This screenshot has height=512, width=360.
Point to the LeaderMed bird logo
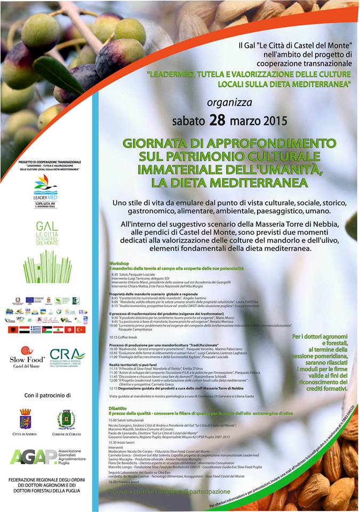tap(45, 183)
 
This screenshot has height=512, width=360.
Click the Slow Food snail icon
tap(27, 350)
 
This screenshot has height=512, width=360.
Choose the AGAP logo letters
tap(27, 457)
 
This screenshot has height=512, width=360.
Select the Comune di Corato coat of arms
tap(66, 419)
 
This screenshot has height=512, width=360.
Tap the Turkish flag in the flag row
tap(80, 330)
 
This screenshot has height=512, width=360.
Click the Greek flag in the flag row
tap(35, 330)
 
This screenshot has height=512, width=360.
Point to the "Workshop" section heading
tap(119, 263)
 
